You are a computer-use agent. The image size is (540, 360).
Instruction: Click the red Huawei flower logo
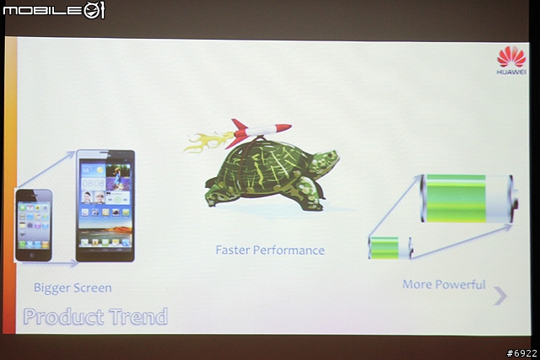[511, 56]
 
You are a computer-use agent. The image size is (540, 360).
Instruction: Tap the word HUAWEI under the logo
[511, 72]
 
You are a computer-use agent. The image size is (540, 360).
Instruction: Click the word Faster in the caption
[233, 250]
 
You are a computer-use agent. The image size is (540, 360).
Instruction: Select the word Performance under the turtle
[289, 250]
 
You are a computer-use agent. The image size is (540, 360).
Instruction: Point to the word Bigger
[51, 287]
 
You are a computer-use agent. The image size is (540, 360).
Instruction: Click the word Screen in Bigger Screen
[93, 287]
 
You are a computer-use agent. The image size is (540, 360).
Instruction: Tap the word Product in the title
[64, 317]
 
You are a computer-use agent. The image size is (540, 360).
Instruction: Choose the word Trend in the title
[138, 316]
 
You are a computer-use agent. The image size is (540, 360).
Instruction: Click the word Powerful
[460, 285]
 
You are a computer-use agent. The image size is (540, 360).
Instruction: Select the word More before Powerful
[417, 284]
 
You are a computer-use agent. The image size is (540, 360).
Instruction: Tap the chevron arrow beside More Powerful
[500, 296]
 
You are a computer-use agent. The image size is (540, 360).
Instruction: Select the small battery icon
[391, 248]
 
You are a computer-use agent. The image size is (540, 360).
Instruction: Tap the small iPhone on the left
[34, 225]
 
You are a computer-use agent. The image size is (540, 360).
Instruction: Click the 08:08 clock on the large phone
[93, 183]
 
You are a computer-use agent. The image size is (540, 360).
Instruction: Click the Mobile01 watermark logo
[54, 10]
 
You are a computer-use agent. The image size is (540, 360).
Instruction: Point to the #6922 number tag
[521, 353]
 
